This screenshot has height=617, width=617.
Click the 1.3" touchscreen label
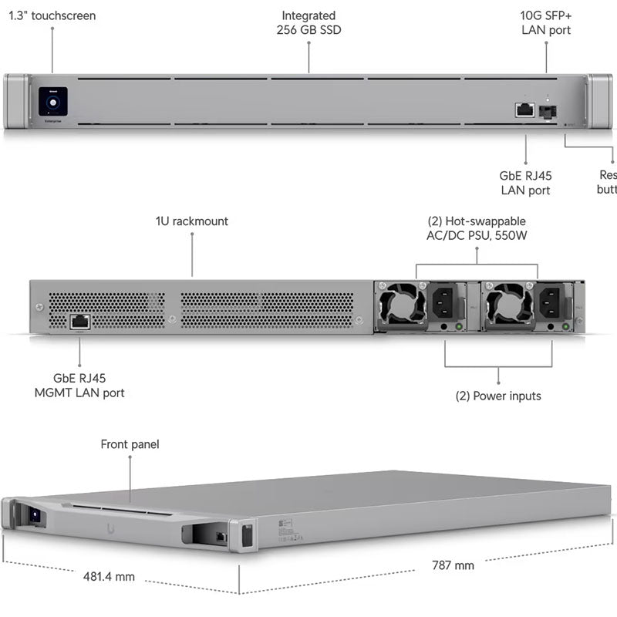[52, 15]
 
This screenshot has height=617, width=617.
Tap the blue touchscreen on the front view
[52, 101]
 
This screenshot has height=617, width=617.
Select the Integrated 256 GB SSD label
[308, 23]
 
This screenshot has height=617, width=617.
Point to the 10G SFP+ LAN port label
[546, 23]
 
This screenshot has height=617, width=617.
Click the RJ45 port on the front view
[525, 110]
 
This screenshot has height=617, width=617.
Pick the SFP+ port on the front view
[548, 111]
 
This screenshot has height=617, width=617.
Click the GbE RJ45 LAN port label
[526, 183]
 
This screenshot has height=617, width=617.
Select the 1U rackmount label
[192, 221]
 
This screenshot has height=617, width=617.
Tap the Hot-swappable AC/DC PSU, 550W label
[477, 228]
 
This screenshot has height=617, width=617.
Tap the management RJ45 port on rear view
[79, 322]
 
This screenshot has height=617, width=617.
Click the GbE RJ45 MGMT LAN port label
[79, 386]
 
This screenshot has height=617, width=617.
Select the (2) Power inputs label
[498, 396]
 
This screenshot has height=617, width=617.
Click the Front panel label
[130, 444]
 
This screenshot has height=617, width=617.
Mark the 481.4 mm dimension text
[109, 576]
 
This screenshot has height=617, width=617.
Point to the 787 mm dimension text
[453, 565]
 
